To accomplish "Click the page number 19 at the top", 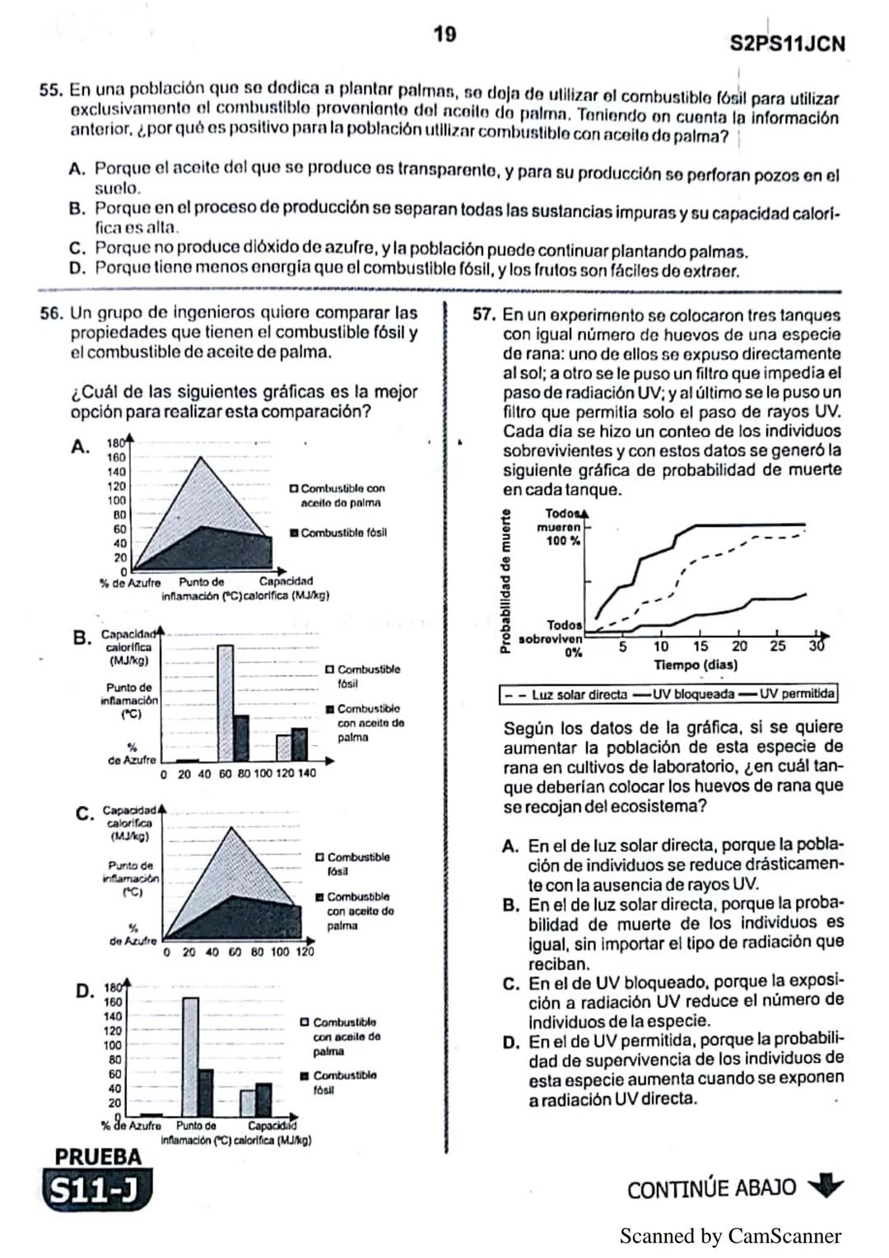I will pos(444,35).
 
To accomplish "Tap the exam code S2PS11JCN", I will pos(787,44).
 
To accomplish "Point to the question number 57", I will pos(484,315).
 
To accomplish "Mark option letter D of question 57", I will pos(511,1043).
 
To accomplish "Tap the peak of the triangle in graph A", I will pos(202,458).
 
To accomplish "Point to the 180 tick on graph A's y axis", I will pos(116,443).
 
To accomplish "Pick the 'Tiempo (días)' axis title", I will pos(696,664).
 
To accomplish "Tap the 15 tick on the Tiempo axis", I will pos(700,647).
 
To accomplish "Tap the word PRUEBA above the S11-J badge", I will pos(98,1157).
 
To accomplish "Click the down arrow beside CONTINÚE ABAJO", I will pos(826,1187).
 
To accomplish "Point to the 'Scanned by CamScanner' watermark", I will pos(730,1236).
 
